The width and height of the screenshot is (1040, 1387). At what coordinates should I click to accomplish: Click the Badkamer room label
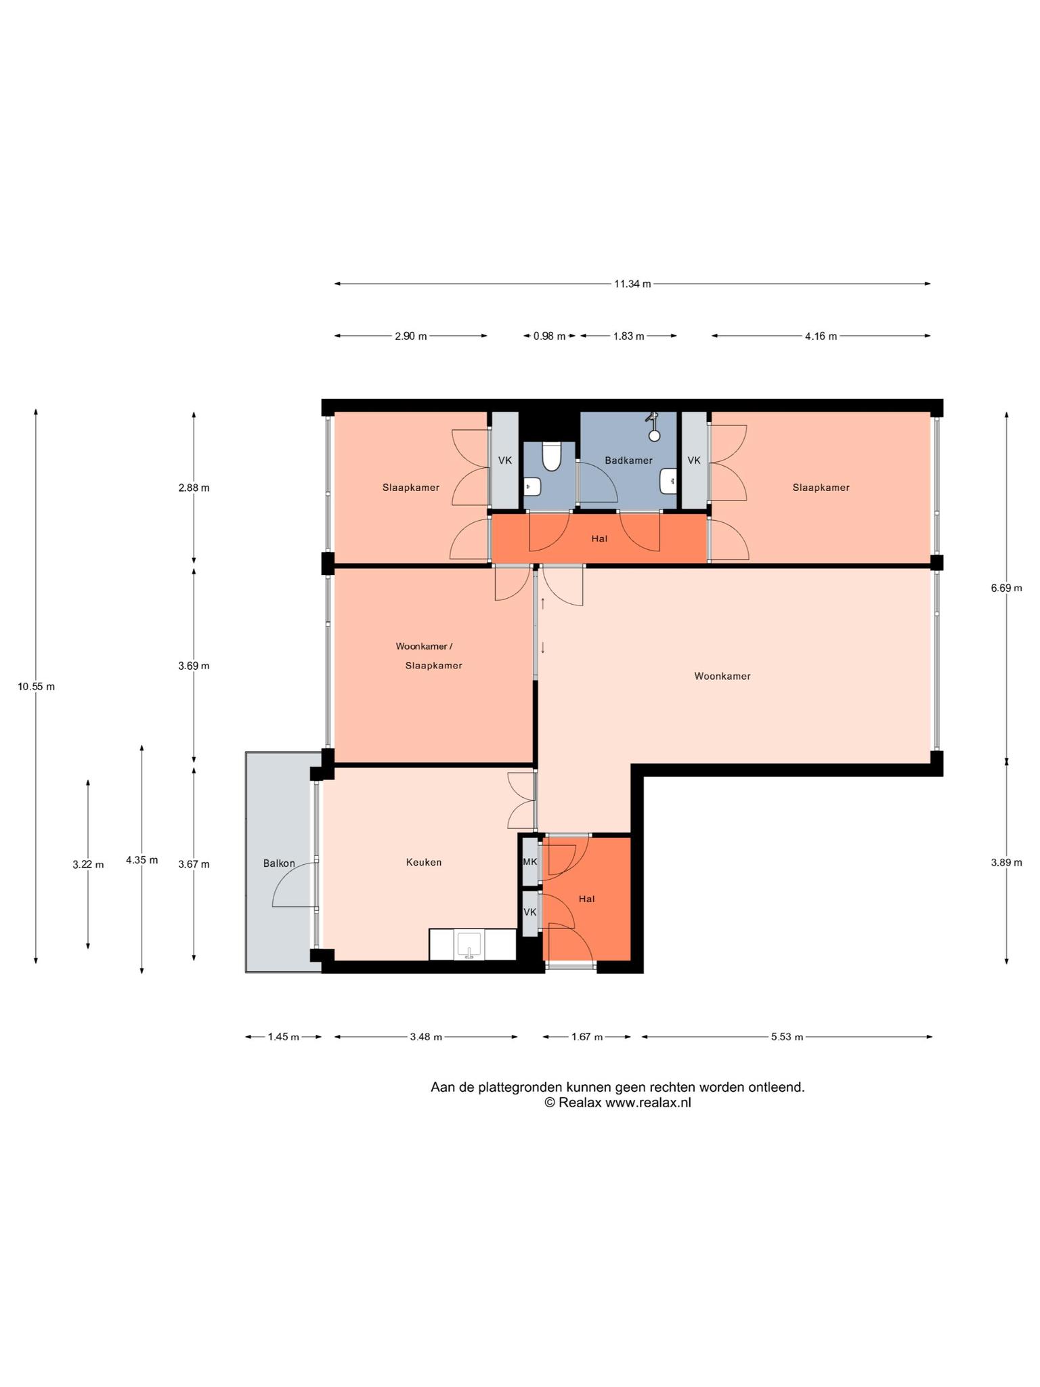[628, 461]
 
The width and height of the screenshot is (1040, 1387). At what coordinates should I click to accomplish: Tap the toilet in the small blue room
[552, 456]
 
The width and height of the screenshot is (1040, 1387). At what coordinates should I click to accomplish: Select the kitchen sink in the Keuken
[469, 945]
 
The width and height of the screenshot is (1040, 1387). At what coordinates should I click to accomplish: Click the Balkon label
[279, 863]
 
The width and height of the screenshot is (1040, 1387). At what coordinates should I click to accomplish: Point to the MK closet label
[530, 862]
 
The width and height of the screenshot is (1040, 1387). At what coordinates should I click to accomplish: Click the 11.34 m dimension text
[632, 284]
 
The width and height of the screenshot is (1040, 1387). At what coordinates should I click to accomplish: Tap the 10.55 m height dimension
[37, 687]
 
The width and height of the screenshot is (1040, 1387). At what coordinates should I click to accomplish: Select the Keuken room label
[424, 862]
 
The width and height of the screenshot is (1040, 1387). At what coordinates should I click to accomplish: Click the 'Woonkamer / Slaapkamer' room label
[429, 656]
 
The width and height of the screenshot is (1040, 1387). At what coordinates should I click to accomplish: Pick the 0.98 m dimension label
[549, 336]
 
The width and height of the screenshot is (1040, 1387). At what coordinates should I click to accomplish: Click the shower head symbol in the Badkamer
[653, 427]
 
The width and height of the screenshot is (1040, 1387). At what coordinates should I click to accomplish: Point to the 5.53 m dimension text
[787, 1037]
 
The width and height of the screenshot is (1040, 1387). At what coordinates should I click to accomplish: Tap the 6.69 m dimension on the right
[1006, 588]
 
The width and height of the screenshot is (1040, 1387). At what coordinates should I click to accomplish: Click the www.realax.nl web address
[648, 1103]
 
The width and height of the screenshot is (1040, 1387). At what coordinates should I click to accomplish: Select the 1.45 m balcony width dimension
[283, 1037]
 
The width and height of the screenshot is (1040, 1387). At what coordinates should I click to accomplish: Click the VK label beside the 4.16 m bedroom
[694, 461]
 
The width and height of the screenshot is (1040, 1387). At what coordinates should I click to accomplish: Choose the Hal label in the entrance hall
[586, 899]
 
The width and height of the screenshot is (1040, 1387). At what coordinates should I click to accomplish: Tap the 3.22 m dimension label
[88, 864]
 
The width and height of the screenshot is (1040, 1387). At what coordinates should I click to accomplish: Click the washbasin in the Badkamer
[669, 482]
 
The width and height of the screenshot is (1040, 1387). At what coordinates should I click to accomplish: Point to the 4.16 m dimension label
[821, 336]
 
